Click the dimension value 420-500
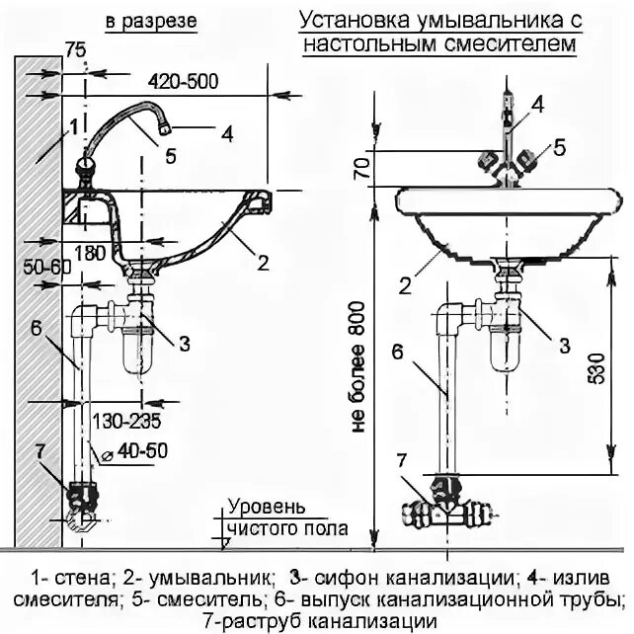(185, 80)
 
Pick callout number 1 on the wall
(71, 126)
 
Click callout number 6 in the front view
(397, 352)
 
